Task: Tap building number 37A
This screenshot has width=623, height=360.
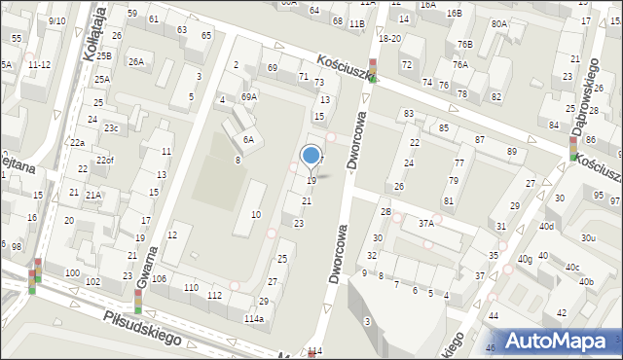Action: pyautogui.click(x=425, y=224)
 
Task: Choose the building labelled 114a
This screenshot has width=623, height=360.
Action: pyautogui.click(x=253, y=319)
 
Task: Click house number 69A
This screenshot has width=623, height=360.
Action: pyautogui.click(x=249, y=97)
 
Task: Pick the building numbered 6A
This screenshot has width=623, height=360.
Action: pyautogui.click(x=248, y=140)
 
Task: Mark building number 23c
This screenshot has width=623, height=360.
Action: pyautogui.click(x=112, y=127)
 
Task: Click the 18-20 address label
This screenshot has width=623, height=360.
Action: pyautogui.click(x=389, y=38)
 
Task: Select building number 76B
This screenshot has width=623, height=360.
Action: pyautogui.click(x=465, y=45)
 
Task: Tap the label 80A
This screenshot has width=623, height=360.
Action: pyautogui.click(x=498, y=23)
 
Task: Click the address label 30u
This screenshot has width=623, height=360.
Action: pyautogui.click(x=587, y=237)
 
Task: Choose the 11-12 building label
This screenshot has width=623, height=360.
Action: pyautogui.click(x=40, y=64)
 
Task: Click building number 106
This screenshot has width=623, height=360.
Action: pyautogui.click(x=159, y=279)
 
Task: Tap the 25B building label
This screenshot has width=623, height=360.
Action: pyautogui.click(x=104, y=56)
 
